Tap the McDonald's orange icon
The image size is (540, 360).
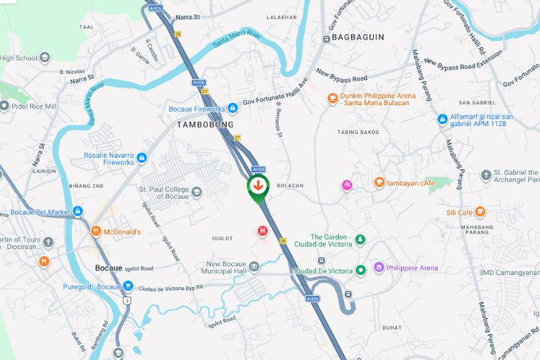(x=96, y=232)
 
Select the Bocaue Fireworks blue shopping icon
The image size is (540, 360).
(x=233, y=109)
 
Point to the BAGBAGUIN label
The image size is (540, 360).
(x=357, y=37)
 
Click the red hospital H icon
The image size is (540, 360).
(x=263, y=231)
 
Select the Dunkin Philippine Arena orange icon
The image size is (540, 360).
(x=332, y=99)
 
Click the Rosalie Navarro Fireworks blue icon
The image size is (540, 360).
(x=142, y=158)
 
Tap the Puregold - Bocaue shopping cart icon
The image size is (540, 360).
(x=127, y=286)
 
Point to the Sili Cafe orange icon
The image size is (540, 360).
(x=480, y=212)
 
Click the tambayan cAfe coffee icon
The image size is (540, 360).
(x=379, y=183)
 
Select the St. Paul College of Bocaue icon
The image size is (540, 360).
(x=197, y=191)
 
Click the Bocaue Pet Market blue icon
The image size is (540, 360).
(x=78, y=212)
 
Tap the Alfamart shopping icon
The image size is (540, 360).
(x=442, y=119)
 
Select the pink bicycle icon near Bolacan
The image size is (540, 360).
(x=347, y=185)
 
